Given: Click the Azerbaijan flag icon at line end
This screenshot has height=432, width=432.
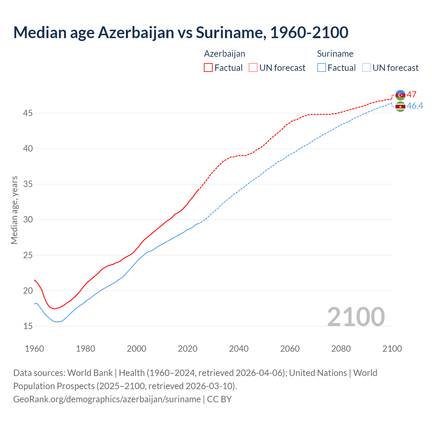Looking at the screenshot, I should click(x=400, y=95).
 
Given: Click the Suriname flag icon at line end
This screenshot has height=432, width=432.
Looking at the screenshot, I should click(x=400, y=106).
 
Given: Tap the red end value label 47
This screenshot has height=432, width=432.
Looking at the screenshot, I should click(x=411, y=94).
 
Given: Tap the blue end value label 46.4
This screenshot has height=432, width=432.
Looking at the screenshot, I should click(x=415, y=106).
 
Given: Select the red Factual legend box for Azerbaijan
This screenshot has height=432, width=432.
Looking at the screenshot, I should click(x=208, y=68).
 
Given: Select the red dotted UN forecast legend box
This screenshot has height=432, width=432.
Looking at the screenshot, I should click(x=253, y=68).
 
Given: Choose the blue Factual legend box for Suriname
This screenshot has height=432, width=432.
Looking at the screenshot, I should click(x=322, y=68).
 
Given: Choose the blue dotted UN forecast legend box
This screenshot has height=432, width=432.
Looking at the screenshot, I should click(x=366, y=68).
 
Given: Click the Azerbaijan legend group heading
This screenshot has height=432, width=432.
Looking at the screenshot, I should click(x=224, y=54).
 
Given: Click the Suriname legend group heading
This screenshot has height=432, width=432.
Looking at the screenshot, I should click(x=335, y=54).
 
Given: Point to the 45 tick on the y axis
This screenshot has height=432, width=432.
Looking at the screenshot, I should click(x=28, y=113).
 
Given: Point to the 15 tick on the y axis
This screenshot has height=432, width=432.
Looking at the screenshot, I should click(x=28, y=326).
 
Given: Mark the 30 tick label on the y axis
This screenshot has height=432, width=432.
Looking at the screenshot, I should click(x=28, y=220).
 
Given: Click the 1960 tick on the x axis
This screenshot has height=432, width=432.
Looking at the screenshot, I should click(x=34, y=349).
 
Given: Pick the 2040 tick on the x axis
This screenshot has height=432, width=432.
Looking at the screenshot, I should click(x=239, y=349).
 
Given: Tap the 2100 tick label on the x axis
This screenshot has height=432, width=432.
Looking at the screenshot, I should click(x=392, y=349).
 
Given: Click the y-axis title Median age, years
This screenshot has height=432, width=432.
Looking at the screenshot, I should click(x=14, y=210).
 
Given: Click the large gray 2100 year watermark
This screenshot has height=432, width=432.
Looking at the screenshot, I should click(x=356, y=317).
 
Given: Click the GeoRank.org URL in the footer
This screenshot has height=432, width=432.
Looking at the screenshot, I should click(x=107, y=399).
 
